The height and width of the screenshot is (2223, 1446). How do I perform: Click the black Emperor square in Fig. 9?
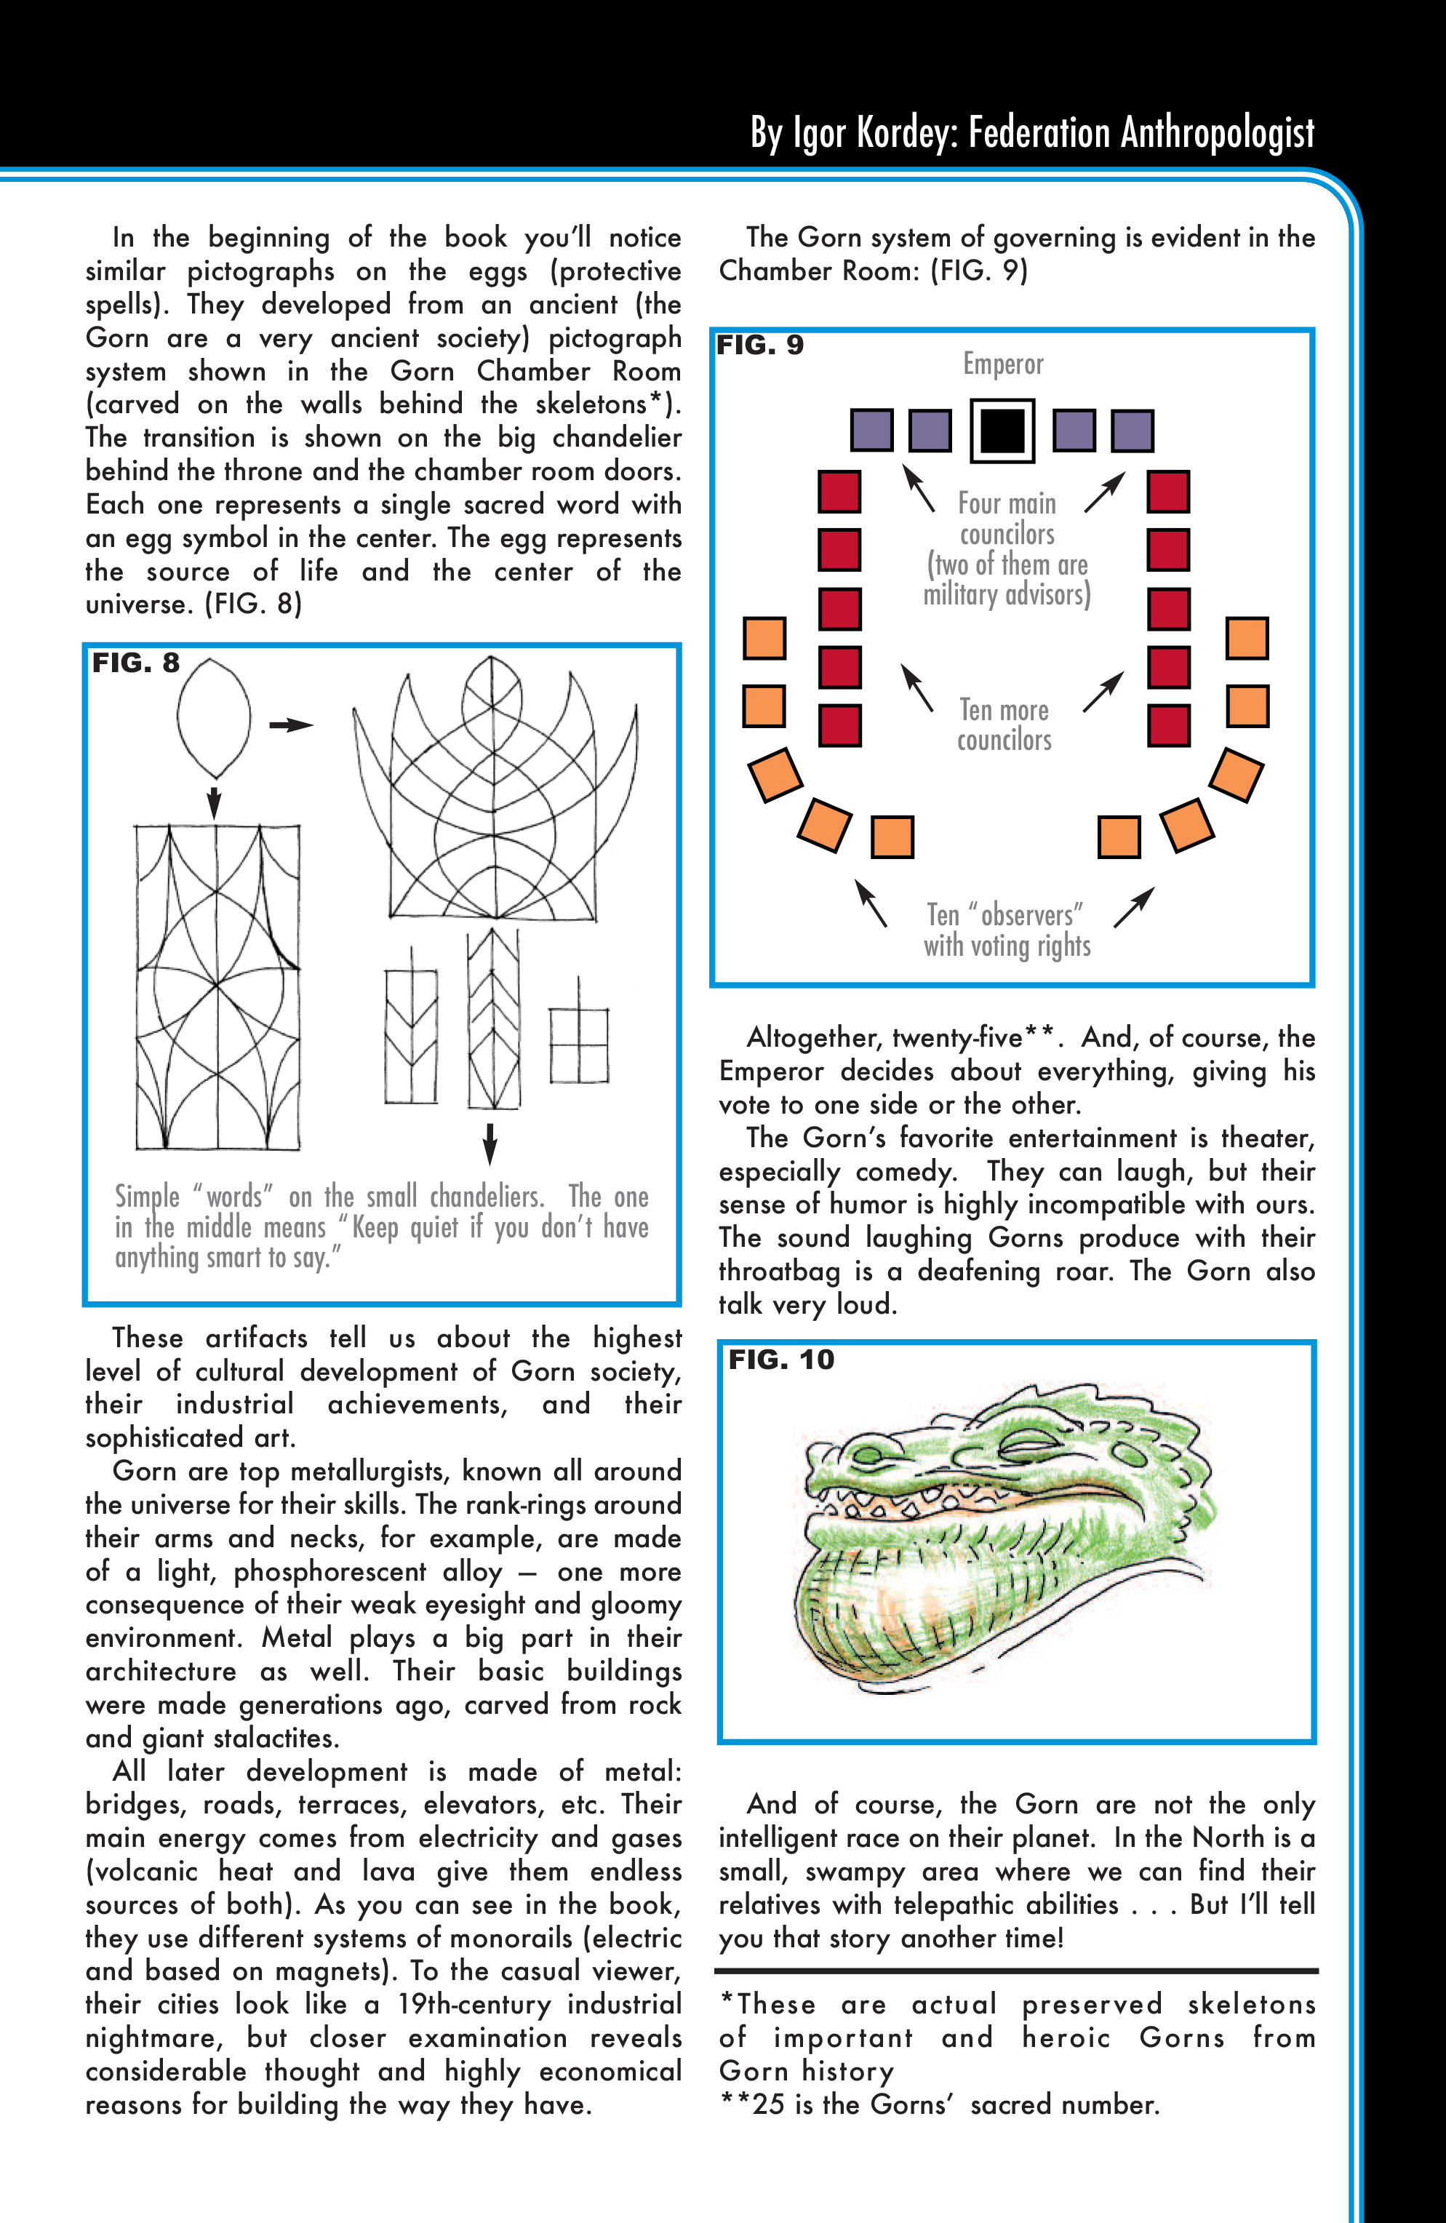pyautogui.click(x=1002, y=431)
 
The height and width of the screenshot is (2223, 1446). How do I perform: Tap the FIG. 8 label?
pyautogui.click(x=135, y=663)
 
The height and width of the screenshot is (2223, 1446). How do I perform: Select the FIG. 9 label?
pyautogui.click(x=759, y=346)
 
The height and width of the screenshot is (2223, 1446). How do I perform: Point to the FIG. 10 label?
pyautogui.click(x=781, y=1360)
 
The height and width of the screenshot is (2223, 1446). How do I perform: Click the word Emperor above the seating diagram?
pyautogui.click(x=1003, y=364)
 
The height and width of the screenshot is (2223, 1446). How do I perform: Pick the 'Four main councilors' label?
pyautogui.click(x=1007, y=519)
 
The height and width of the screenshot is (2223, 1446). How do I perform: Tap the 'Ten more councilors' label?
pyautogui.click(x=1004, y=725)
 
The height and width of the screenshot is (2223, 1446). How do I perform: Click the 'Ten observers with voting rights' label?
pyautogui.click(x=1007, y=930)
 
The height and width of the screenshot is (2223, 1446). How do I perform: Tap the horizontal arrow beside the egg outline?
pyautogui.click(x=290, y=725)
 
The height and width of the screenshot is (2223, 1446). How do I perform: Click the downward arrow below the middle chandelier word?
pyautogui.click(x=490, y=1141)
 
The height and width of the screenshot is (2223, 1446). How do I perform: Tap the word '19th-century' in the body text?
pyautogui.click(x=473, y=2005)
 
